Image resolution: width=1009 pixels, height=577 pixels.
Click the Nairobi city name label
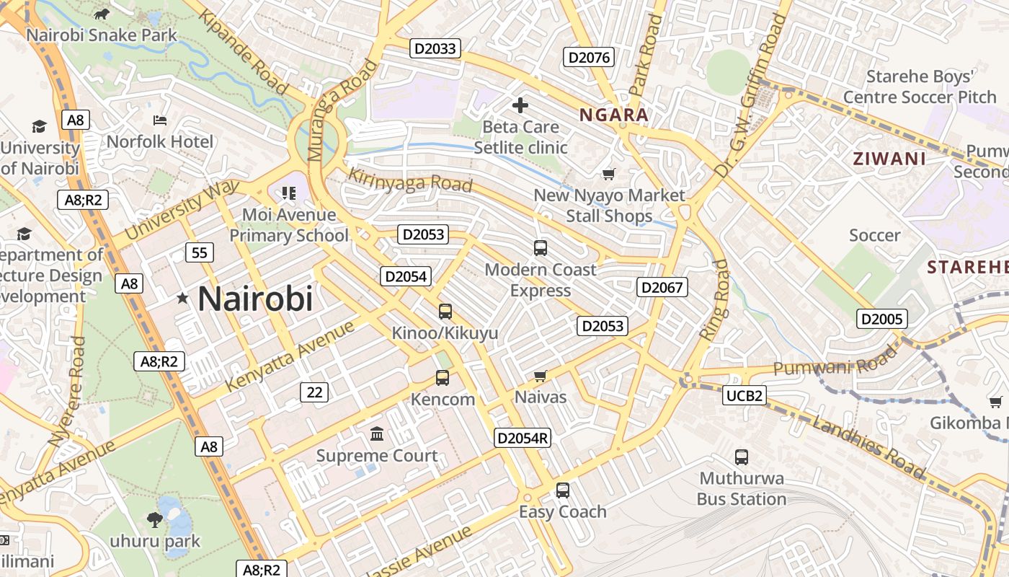click(x=255, y=299)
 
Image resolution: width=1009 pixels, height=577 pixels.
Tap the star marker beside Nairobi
click(x=183, y=298)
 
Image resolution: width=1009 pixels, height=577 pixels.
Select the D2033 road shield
click(x=435, y=48)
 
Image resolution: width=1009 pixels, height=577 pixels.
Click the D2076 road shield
click(x=589, y=58)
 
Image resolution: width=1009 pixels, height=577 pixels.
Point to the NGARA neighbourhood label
click(x=614, y=115)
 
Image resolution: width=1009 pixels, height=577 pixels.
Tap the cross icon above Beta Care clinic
click(x=520, y=106)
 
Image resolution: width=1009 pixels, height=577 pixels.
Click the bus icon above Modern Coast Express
click(x=541, y=248)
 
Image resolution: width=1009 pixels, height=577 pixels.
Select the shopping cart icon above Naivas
click(x=540, y=376)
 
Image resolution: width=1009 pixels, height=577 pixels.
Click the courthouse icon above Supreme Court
click(x=377, y=434)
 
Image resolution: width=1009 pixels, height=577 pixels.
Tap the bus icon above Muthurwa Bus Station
click(x=742, y=457)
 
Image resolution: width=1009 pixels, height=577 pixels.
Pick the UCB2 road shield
click(x=744, y=395)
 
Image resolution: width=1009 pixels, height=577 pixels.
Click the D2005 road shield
click(x=881, y=319)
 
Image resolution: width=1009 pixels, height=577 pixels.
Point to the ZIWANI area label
click(x=889, y=159)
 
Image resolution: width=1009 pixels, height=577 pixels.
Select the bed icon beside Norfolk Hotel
click(x=160, y=120)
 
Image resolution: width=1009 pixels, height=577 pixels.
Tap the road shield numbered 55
click(x=199, y=252)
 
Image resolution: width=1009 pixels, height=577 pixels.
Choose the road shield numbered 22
click(x=314, y=392)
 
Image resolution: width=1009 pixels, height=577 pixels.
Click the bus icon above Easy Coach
click(x=563, y=490)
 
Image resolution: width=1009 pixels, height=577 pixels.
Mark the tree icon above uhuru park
click(x=155, y=519)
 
